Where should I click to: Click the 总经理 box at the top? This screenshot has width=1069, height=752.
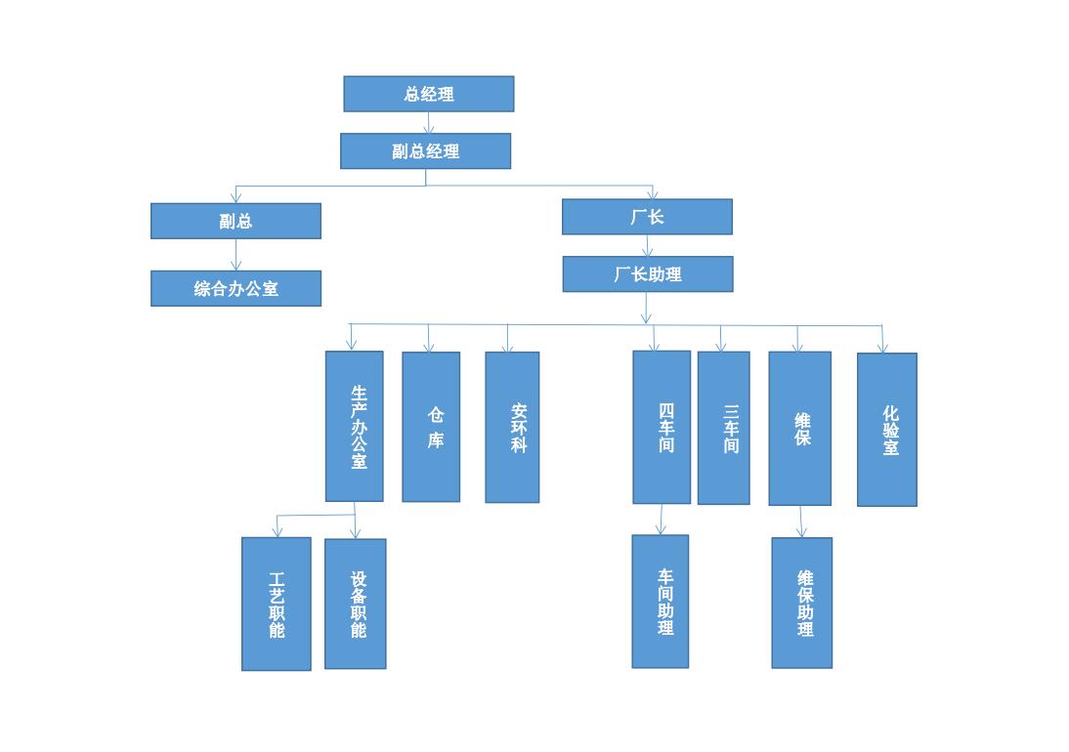click(428, 94)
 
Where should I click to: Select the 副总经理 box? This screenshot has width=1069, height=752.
click(425, 151)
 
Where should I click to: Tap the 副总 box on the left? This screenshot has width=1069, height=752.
click(235, 221)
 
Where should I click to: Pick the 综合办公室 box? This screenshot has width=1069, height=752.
click(235, 288)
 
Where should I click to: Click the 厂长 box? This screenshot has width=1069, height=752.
click(647, 217)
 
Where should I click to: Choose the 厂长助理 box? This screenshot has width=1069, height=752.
click(647, 274)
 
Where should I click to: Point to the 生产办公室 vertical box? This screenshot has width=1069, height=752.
click(354, 426)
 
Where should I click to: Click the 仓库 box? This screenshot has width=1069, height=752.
click(431, 427)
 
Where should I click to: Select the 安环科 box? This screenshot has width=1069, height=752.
click(512, 428)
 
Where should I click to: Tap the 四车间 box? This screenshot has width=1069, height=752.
click(662, 427)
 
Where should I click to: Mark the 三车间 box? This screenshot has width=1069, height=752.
click(723, 428)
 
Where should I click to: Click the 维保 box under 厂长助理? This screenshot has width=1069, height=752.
click(799, 428)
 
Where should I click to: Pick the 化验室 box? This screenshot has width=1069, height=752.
click(887, 430)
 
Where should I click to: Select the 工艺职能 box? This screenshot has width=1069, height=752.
click(277, 604)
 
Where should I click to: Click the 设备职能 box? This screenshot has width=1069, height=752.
click(355, 604)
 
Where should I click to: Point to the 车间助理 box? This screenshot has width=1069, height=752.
click(661, 602)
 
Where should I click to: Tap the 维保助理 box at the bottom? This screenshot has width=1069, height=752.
click(802, 603)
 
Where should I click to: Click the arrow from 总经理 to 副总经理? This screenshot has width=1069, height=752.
click(429, 123)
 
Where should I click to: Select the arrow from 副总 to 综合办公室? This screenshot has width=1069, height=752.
click(235, 255)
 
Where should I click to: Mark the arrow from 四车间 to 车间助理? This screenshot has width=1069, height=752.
click(662, 520)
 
